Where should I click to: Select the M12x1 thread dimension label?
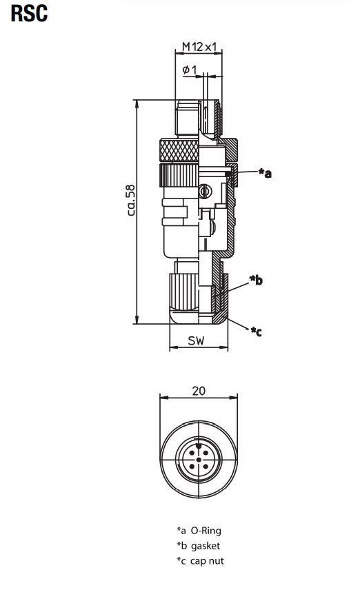(x=199, y=47)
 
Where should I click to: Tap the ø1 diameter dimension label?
(x=190, y=70)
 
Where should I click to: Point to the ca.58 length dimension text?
(x=131, y=201)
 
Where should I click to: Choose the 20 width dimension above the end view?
(x=199, y=390)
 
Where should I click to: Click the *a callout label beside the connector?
(x=265, y=173)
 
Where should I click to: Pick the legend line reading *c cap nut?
(x=200, y=560)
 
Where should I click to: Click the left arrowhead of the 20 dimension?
(x=162, y=398)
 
